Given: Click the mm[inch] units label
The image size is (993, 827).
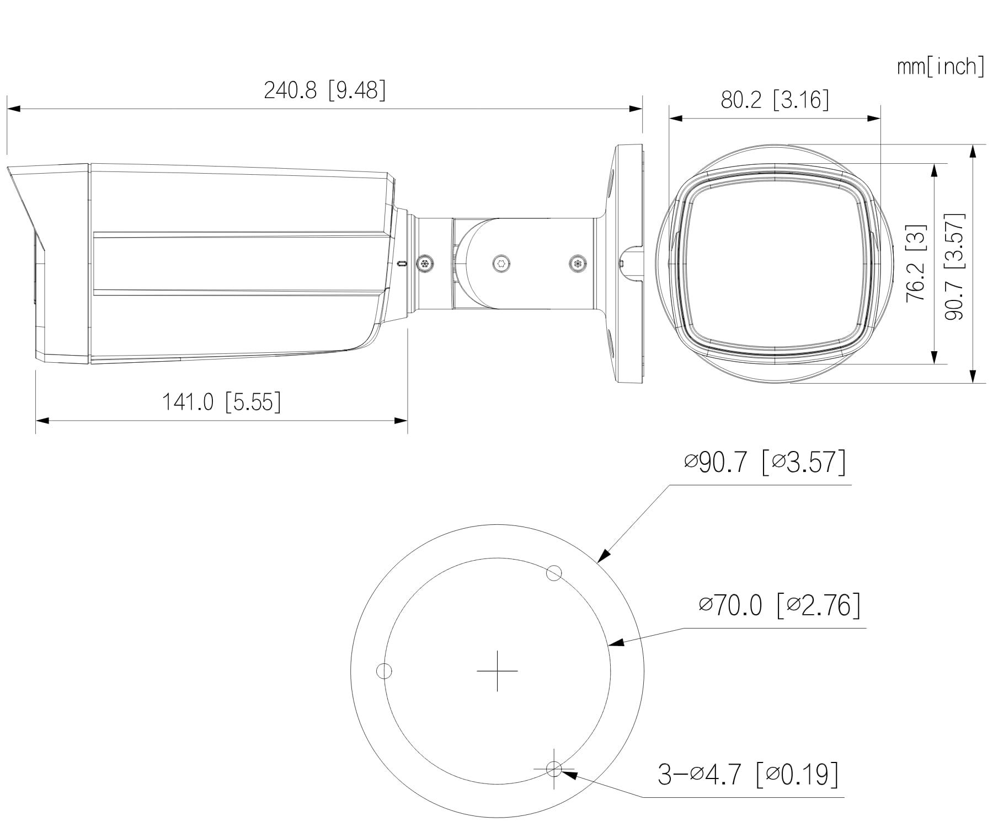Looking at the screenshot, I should pyautogui.click(x=940, y=67).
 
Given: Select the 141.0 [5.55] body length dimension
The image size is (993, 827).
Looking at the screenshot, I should pyautogui.click(x=221, y=402).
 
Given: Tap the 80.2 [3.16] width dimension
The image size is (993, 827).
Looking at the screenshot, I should pyautogui.click(x=775, y=100).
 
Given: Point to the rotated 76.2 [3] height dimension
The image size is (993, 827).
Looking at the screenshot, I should pyautogui.click(x=916, y=263).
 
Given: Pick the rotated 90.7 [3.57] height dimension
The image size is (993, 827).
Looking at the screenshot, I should pyautogui.click(x=955, y=266).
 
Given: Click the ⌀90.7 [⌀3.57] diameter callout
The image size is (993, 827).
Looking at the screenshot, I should pyautogui.click(x=765, y=462).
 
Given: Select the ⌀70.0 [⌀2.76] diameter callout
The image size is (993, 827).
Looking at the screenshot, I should pyautogui.click(x=779, y=606).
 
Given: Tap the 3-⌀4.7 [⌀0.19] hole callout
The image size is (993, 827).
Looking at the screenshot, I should pyautogui.click(x=748, y=774).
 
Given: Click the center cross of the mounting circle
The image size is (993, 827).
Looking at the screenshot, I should pyautogui.click(x=497, y=671).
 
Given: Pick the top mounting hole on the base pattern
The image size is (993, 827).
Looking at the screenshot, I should pyautogui.click(x=554, y=573).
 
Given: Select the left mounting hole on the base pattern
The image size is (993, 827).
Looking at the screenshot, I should pyautogui.click(x=384, y=671).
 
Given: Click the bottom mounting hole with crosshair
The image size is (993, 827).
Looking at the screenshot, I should pyautogui.click(x=554, y=768).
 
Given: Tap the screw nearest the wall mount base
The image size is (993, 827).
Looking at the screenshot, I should pyautogui.click(x=578, y=264).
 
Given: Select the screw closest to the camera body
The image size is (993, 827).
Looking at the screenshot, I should pyautogui.click(x=425, y=264).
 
